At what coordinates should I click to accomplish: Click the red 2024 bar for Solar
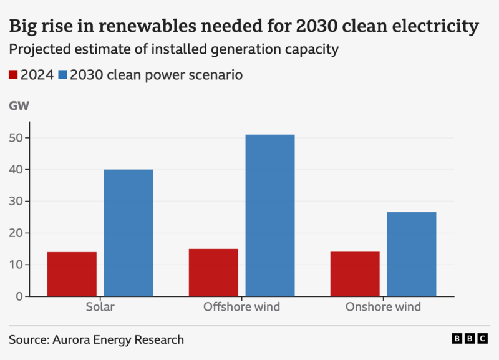72,274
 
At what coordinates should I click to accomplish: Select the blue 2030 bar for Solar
128,233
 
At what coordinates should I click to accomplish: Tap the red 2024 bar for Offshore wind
213,272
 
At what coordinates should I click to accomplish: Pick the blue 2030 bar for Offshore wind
270,215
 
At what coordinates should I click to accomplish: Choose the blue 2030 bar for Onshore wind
412,254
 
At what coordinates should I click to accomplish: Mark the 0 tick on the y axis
19,296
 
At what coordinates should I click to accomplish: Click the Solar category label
100,307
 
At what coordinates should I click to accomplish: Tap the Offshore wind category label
241,307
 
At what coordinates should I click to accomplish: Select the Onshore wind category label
383,307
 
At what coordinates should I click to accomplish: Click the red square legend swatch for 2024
13,75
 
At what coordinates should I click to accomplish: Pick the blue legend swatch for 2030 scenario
62,75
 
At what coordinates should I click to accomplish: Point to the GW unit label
19,106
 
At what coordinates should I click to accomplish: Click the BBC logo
470,338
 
